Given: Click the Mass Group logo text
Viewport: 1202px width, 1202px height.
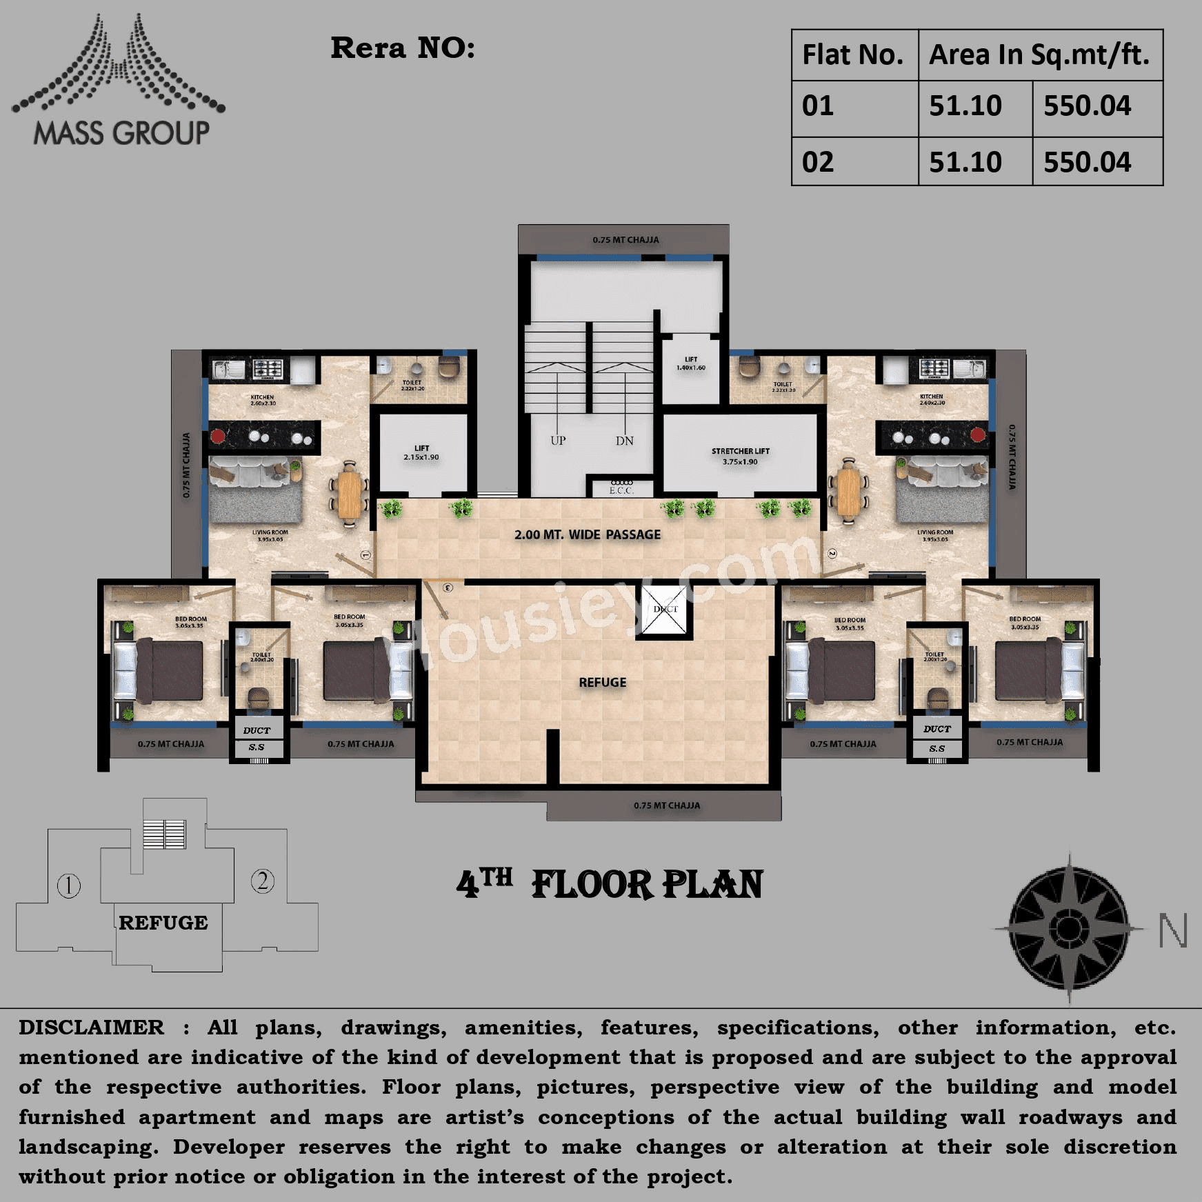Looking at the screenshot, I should pos(121,133).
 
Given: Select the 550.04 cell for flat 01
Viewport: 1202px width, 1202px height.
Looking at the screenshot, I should pos(1087,106).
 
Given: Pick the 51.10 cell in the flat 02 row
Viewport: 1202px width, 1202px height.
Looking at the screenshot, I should pos(965,162).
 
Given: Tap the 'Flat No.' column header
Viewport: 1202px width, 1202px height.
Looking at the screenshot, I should pos(852,55).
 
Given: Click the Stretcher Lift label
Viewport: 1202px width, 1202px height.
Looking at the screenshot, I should pos(740,456).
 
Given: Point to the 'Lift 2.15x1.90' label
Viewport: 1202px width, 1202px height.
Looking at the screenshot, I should pos(421,452).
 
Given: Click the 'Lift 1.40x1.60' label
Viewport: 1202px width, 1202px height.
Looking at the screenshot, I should pos(691,363).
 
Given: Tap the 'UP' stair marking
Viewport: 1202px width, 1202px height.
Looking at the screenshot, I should pos(558,441).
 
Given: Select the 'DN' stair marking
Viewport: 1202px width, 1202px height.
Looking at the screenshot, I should pos(625,441).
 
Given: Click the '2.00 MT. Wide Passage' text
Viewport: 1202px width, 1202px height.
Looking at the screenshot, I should pos(588,534).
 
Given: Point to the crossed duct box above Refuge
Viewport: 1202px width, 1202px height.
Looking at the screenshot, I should pos(665,610).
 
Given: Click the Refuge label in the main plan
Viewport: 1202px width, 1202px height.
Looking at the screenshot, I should pos(603,683).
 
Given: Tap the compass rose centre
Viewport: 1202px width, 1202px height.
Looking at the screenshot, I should pos(1068,928).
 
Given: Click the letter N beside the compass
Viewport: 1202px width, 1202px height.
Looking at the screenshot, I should pos(1172,931).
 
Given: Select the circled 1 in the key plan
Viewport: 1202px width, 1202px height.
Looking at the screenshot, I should pos(69,885).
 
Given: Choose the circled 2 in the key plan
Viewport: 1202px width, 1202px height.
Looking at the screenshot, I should pos(263,881).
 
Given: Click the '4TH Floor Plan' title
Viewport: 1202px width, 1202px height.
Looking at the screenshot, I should pos(610,884).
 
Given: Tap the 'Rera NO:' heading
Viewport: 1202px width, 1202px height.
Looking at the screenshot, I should pos(403,48).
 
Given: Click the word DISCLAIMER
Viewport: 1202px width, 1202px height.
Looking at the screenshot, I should pos(92,1028).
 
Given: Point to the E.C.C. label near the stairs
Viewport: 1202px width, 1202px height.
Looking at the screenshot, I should pos(621,490).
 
